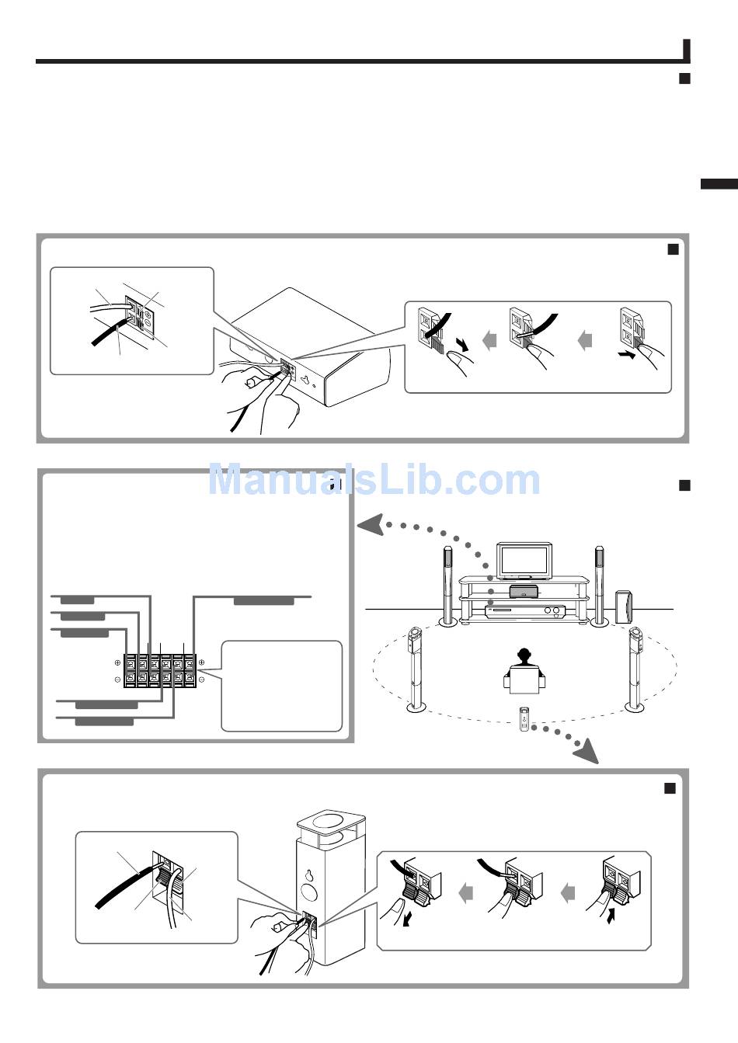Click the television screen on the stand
(523, 560)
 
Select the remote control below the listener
(524, 718)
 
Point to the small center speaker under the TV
(523, 592)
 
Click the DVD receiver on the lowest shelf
(523, 611)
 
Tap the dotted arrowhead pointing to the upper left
(371, 527)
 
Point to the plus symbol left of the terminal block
(117, 662)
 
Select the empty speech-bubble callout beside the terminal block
(281, 685)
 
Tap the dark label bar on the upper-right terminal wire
(264, 600)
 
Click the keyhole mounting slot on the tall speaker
(309, 875)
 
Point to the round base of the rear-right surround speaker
(635, 706)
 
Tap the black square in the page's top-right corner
(684, 78)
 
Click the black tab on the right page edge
(719, 184)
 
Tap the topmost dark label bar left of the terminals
(78, 600)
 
